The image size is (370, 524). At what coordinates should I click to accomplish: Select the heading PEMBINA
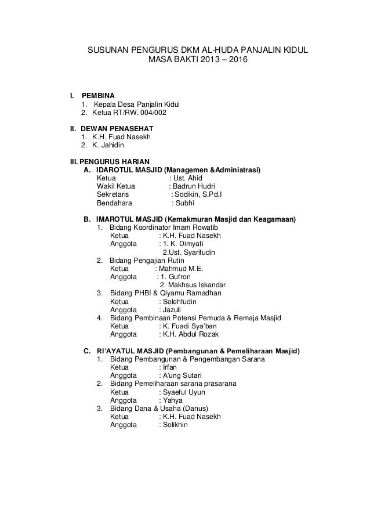(x=98, y=95)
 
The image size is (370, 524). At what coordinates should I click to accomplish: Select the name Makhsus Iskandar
(x=193, y=285)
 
